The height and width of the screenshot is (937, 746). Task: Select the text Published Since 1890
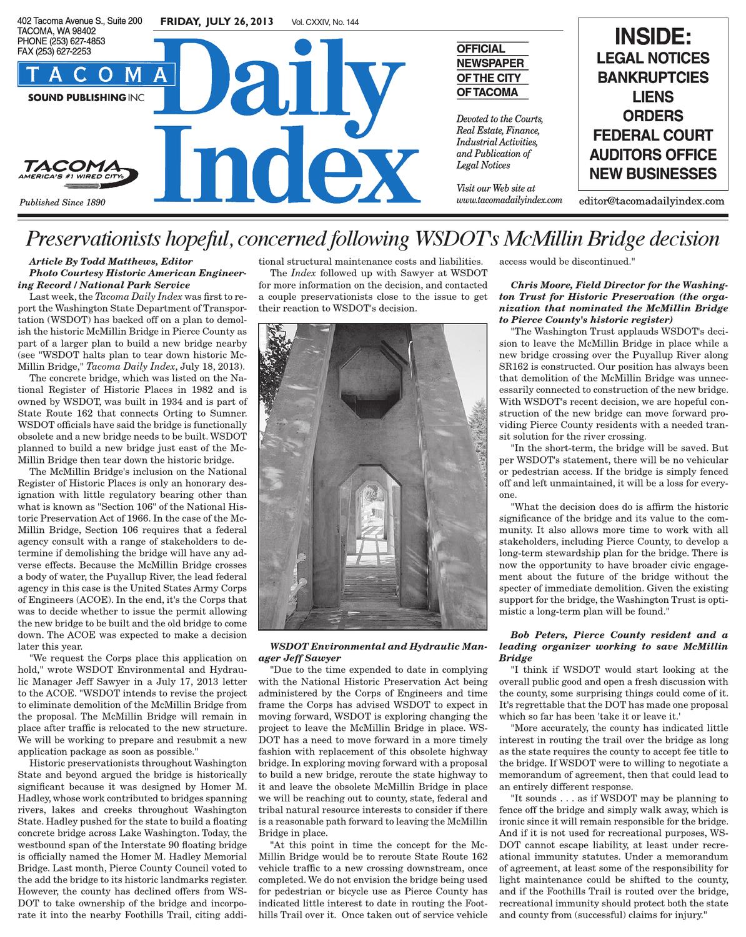[x=62, y=202]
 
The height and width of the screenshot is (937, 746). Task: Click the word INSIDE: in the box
[x=653, y=37]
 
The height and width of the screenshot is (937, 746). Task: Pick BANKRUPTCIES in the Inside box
[x=653, y=77]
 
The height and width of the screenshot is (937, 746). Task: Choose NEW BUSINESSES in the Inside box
[x=653, y=174]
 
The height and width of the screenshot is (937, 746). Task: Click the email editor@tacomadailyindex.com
[x=652, y=201]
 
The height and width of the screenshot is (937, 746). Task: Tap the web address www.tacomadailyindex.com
[x=510, y=200]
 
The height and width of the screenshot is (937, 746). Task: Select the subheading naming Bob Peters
[x=614, y=641]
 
